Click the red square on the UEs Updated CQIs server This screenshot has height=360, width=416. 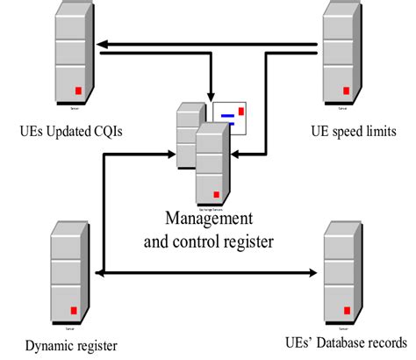point(77,90)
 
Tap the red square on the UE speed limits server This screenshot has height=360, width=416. point(348,90)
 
